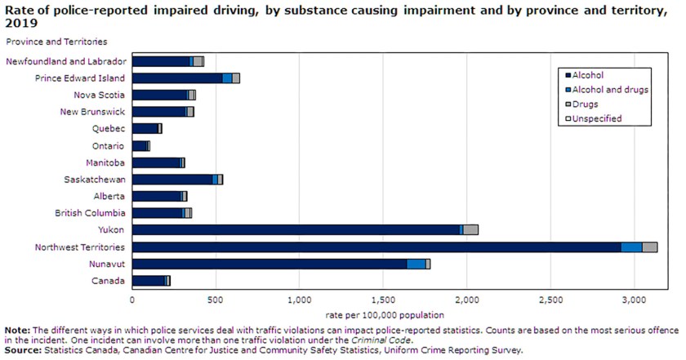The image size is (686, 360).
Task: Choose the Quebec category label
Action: pos(109,128)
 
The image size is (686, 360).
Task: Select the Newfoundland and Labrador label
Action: pos(65,61)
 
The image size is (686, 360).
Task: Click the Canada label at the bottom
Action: pos(109,281)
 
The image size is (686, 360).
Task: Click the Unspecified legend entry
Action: pos(597,119)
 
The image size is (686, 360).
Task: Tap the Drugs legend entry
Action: pos(585,104)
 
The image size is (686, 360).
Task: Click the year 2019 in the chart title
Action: pos(20,24)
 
